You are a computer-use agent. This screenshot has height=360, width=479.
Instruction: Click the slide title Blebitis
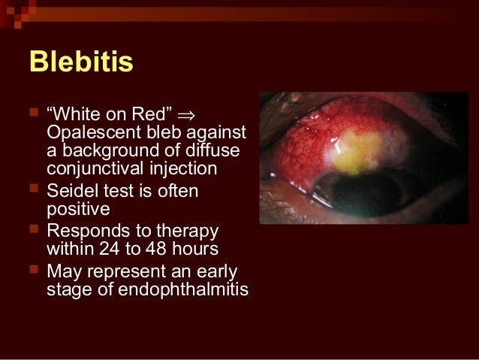pyautogui.click(x=81, y=62)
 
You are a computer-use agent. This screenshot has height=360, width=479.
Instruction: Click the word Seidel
pyautogui.click(x=70, y=192)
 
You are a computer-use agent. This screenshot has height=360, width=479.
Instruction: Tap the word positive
pyautogui.click(x=78, y=210)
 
